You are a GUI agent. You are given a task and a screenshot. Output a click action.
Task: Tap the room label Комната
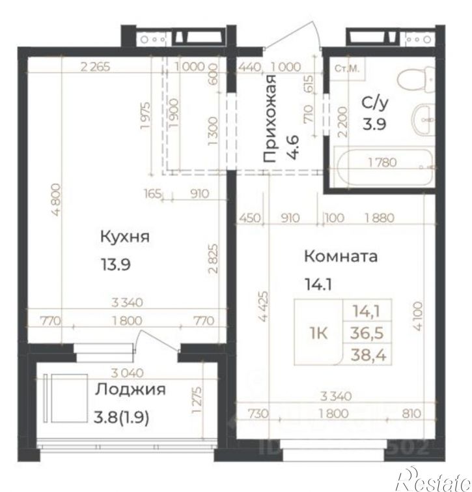click(x=340, y=256)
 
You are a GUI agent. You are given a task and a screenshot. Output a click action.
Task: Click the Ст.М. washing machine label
click(x=348, y=68)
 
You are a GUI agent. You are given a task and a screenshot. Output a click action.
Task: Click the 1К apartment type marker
click(x=318, y=334)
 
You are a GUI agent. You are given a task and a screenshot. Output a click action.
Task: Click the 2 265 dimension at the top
click(x=97, y=65)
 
